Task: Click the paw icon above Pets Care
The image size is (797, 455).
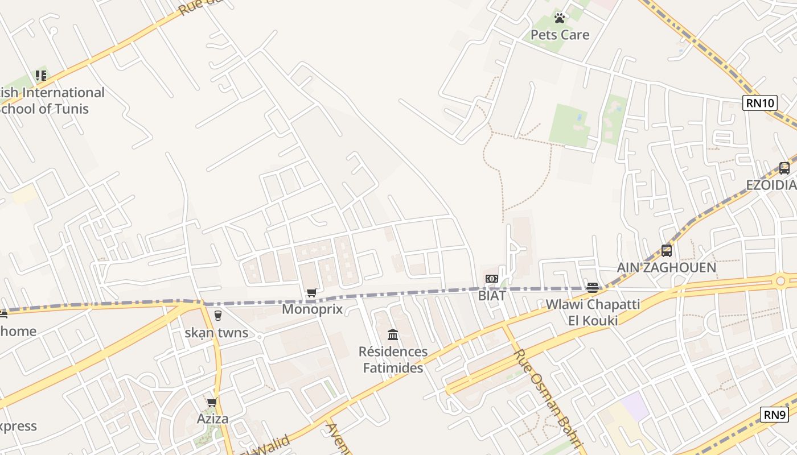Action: (x=560, y=18)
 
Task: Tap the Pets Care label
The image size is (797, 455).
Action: (x=560, y=35)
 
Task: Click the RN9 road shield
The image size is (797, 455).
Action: (x=774, y=415)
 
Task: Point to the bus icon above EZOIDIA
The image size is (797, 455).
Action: (x=784, y=168)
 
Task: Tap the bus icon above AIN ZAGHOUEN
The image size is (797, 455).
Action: (x=667, y=250)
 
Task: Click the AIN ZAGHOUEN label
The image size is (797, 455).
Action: (x=666, y=267)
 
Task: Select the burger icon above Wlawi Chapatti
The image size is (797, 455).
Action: (x=593, y=288)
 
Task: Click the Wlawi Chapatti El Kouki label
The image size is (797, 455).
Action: (x=593, y=312)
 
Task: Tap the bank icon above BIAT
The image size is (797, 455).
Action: (x=492, y=279)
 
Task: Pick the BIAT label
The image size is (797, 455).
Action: (x=492, y=295)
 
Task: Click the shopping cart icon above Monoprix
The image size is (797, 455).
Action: (x=312, y=293)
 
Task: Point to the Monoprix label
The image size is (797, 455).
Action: (x=313, y=309)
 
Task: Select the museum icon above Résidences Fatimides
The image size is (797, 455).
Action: (x=393, y=334)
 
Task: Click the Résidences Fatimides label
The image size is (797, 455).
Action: (x=393, y=359)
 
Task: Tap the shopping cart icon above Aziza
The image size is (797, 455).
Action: (x=212, y=403)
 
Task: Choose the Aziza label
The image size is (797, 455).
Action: (x=212, y=419)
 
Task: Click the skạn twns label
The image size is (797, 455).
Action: (x=216, y=333)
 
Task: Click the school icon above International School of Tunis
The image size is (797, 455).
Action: (x=41, y=75)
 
